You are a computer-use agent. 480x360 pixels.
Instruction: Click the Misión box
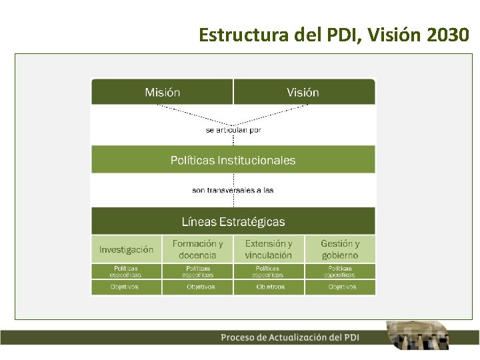coord(162,92)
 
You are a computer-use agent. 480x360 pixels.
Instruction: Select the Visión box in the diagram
coord(303,92)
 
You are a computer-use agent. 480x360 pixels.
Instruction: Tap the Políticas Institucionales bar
coord(233,160)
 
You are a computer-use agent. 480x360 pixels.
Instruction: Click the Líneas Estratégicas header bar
coord(233,221)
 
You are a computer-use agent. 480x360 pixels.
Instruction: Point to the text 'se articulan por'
coord(233,130)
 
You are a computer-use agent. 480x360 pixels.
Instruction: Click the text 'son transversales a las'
coord(233,190)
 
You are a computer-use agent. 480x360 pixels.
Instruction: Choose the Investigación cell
coord(126,249)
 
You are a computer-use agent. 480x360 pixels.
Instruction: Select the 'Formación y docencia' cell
coord(197,249)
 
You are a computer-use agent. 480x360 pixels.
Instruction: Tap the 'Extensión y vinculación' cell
coord(269,249)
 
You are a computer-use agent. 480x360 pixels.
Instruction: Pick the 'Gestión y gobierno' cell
coord(340,249)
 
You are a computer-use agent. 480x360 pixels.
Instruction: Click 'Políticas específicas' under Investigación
coord(126,271)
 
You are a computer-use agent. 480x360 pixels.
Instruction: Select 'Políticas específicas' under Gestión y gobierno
coord(340,271)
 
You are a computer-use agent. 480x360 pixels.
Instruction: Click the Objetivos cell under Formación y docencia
coord(197,287)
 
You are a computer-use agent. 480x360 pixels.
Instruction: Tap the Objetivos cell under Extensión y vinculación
coord(269,287)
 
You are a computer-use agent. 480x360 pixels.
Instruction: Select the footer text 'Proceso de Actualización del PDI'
coord(290,337)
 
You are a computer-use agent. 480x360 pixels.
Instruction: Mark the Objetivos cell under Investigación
coord(126,287)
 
